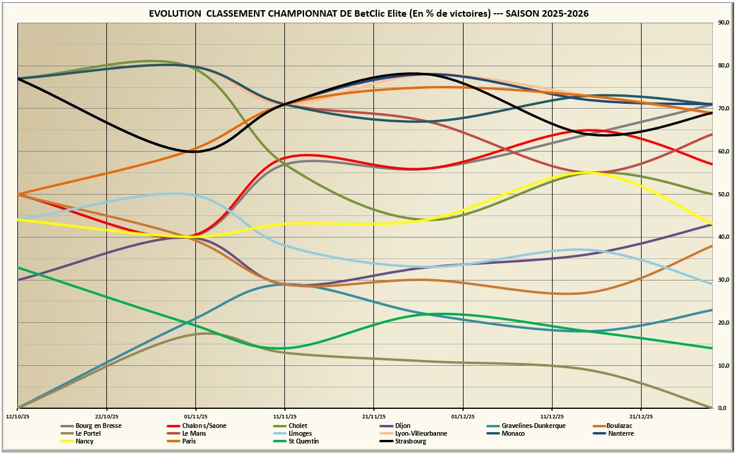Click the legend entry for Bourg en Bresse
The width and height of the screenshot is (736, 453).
[x=99, y=426]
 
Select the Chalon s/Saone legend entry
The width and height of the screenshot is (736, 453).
[x=204, y=426]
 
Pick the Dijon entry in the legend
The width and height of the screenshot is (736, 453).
[x=403, y=426]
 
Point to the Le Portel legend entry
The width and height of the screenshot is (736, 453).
[x=89, y=433]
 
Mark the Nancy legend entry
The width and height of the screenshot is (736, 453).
[x=85, y=441]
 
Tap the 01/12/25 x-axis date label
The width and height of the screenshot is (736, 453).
[x=463, y=416]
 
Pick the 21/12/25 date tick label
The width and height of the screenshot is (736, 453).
[x=641, y=416]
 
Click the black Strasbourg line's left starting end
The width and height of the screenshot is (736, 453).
[x=19, y=79]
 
